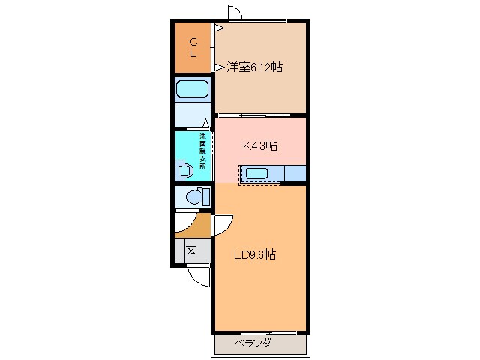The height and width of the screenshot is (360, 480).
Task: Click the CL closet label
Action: (x=193, y=47)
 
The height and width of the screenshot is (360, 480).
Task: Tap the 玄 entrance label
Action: (x=192, y=250)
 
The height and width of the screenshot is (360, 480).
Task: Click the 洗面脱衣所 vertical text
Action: (x=202, y=152)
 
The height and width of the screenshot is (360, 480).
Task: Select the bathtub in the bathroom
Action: (x=193, y=90)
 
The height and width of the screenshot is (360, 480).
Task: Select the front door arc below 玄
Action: (x=198, y=276)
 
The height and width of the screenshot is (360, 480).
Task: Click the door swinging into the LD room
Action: (x=223, y=224)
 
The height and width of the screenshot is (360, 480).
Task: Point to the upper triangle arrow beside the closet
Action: (x=219, y=28)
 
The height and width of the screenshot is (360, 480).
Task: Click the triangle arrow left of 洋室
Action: (x=219, y=67)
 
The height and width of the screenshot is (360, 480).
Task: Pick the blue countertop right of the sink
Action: (x=295, y=174)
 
